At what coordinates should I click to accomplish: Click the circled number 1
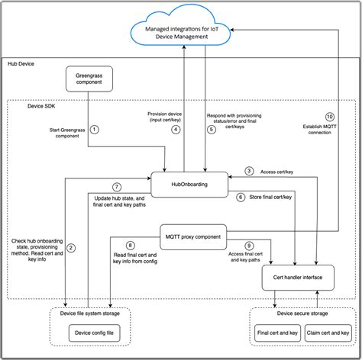coord(95,130)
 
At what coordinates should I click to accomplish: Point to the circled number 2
coord(71,247)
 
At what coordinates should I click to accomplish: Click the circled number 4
coord(175,130)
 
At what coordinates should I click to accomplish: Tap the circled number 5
coord(211,130)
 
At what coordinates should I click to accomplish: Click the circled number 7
coord(116,187)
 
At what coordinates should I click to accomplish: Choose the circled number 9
coord(248,245)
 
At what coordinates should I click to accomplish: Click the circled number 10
coord(329,116)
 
